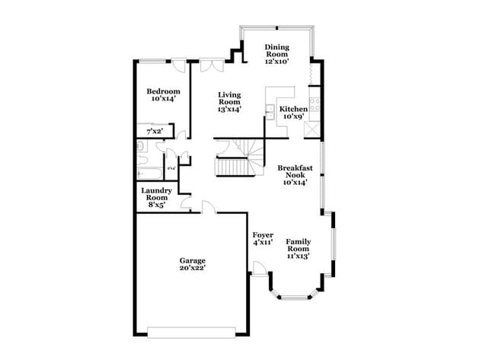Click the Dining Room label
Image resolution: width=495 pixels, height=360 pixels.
tap(277, 54)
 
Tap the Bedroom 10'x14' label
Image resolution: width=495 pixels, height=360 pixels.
tap(163, 95)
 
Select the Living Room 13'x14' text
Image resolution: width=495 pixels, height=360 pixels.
tap(229, 102)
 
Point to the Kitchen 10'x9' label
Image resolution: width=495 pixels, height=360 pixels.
tap(295, 113)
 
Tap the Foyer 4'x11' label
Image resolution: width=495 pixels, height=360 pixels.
tap(263, 239)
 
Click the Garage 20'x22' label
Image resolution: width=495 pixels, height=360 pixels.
tap(192, 264)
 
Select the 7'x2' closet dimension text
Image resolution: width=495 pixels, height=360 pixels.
tap(155, 132)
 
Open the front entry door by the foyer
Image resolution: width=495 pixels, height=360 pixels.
tap(260, 269)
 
